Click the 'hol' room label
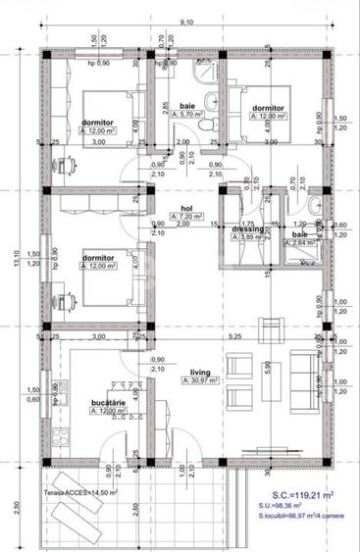tap(186, 209)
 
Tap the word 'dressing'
tap(244, 229)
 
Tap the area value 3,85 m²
tap(244, 238)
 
